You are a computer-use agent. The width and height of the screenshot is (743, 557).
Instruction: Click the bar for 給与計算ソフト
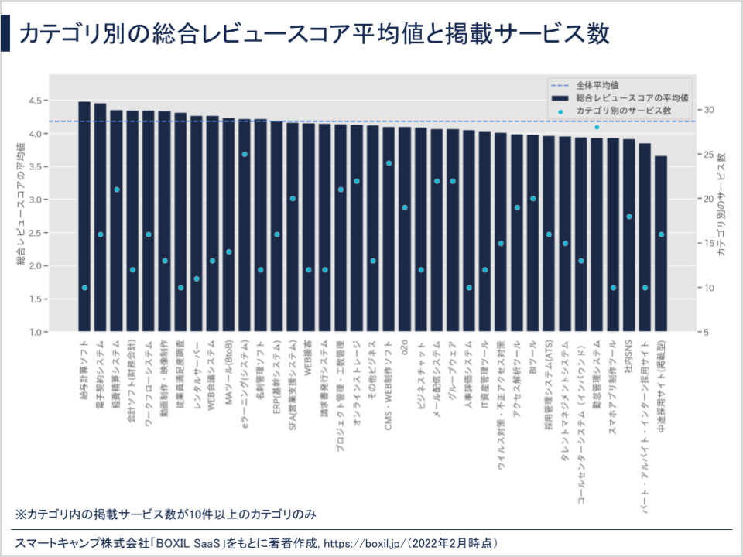pos(84,217)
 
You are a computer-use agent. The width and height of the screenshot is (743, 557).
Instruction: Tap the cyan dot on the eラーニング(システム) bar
pos(245,154)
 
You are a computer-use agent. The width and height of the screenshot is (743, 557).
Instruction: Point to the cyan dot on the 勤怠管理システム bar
pos(597,127)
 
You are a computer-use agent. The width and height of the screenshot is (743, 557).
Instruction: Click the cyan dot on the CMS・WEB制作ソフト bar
pos(389,163)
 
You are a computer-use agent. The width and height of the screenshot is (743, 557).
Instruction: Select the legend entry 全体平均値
pos(601,84)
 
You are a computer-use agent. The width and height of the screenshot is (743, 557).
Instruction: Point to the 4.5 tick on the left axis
pos(37,101)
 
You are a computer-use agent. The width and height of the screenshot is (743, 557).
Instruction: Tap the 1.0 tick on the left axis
pos(37,332)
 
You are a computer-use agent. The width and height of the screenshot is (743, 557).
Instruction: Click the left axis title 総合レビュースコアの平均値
pos(21,203)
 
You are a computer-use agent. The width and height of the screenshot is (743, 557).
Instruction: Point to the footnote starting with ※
pos(166,514)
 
